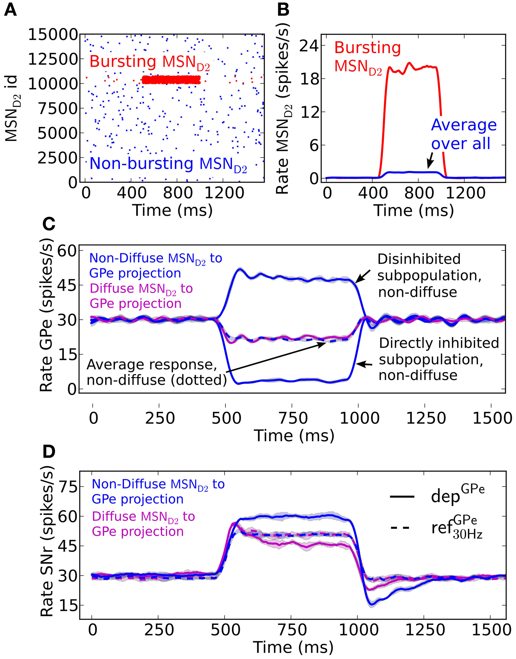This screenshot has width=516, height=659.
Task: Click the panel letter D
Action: point(49,452)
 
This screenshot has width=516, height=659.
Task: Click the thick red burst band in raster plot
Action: point(171,80)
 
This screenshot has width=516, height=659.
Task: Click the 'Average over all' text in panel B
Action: point(463,134)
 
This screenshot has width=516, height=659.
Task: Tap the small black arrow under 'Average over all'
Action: point(430,161)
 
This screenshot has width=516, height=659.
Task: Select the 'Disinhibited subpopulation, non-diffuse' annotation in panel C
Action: point(429,276)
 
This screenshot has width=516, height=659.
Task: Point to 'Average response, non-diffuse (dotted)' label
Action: point(157,372)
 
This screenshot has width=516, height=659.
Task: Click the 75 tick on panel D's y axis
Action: point(67,487)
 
